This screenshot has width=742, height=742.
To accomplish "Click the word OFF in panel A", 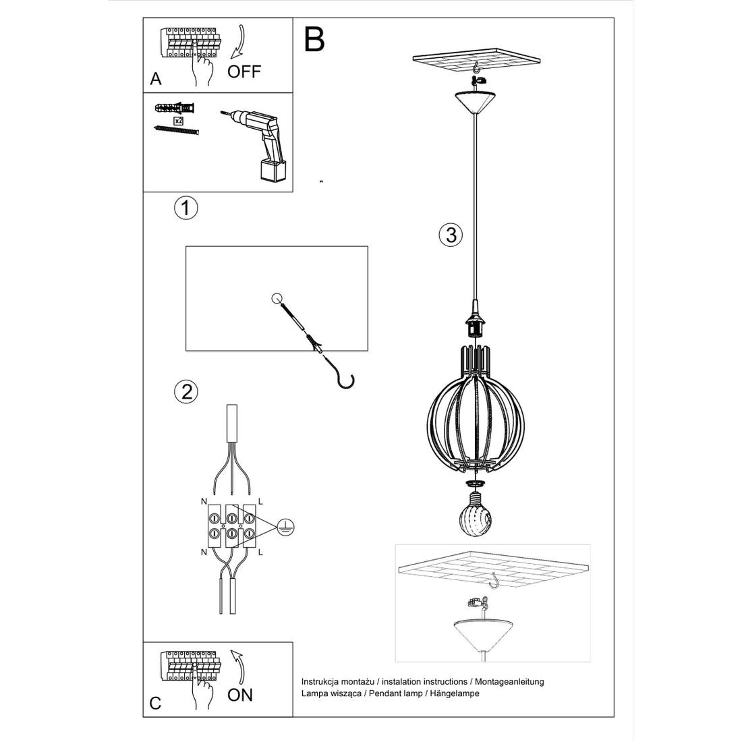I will (x=244, y=72).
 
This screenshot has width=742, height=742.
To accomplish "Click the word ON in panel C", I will (x=240, y=695).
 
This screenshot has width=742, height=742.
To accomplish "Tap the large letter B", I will (x=314, y=40).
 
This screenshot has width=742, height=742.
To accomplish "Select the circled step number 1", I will (x=185, y=208).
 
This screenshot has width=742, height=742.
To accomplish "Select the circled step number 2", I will (x=185, y=392).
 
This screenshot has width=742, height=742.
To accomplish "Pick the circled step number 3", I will (x=451, y=235).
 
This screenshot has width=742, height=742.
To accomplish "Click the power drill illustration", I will (x=260, y=144).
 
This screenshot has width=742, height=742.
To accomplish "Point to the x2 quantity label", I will (x=178, y=120).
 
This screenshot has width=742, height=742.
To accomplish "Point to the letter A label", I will (x=156, y=79).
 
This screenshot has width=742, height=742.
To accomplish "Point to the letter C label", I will (x=156, y=704).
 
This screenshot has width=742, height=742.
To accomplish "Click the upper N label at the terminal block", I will (x=204, y=501).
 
